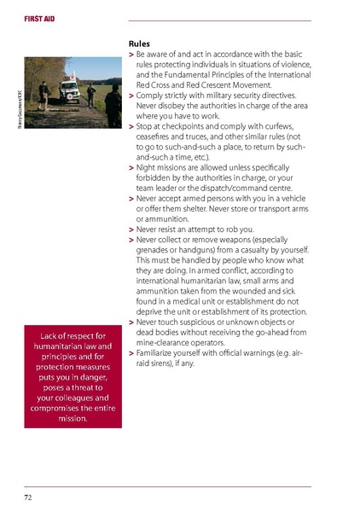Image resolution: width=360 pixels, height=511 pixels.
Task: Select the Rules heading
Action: (x=140, y=43)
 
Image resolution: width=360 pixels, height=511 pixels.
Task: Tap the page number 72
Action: (x=28, y=496)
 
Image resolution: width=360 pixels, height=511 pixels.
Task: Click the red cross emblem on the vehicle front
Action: (x=68, y=90)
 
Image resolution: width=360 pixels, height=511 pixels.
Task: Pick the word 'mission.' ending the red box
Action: (x=73, y=419)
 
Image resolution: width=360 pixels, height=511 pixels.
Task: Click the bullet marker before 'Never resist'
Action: (x=131, y=229)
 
